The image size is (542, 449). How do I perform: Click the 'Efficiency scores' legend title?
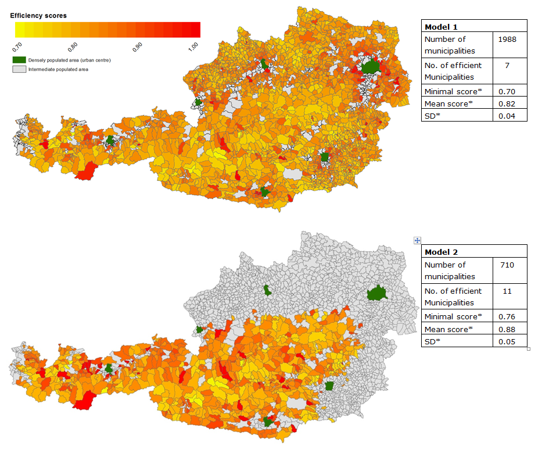(x=38, y=15)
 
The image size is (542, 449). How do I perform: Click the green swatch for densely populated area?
(x=19, y=60)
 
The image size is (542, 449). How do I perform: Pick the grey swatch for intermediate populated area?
(x=19, y=69)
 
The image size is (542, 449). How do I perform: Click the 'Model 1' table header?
(x=441, y=27)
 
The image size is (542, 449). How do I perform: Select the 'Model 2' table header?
(x=441, y=252)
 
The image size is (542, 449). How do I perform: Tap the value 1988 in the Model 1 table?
(x=507, y=40)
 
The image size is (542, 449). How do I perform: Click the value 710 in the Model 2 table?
(x=507, y=265)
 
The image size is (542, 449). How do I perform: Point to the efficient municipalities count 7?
(x=507, y=66)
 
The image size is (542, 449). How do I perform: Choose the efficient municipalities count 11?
(x=507, y=291)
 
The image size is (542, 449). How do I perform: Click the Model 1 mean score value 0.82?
(x=507, y=104)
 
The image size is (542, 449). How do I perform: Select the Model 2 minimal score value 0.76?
(x=507, y=317)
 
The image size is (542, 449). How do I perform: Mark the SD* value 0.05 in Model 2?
(x=507, y=342)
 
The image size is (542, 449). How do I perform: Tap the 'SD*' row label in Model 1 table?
(x=433, y=116)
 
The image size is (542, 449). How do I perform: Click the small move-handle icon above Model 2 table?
(x=417, y=240)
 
